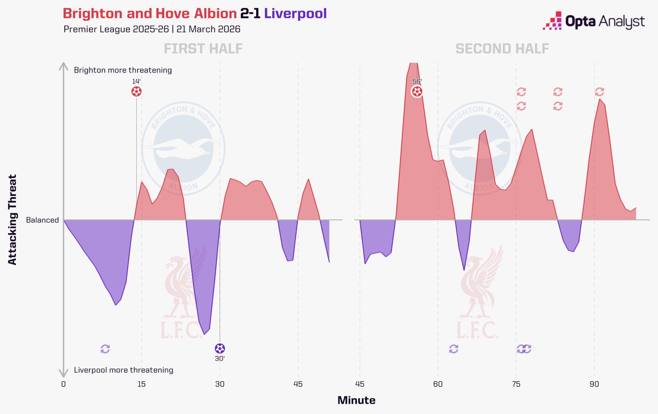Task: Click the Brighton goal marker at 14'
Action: coord(137,92)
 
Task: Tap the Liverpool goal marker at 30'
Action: coord(220,348)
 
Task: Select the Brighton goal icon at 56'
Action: coord(417,91)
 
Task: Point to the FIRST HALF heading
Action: coord(203,49)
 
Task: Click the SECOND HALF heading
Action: coord(502,49)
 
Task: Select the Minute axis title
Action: coord(356,400)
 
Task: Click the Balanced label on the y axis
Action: coord(42,220)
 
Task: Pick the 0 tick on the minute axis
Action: coord(64,384)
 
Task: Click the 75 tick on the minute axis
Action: coord(516,384)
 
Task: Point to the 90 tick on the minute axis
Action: coord(594,384)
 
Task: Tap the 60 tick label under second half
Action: coord(438,384)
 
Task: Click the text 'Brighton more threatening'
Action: coord(123,70)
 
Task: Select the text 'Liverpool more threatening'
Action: coord(123,370)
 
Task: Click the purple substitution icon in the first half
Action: coord(105,349)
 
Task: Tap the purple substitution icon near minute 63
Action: coord(453,349)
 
